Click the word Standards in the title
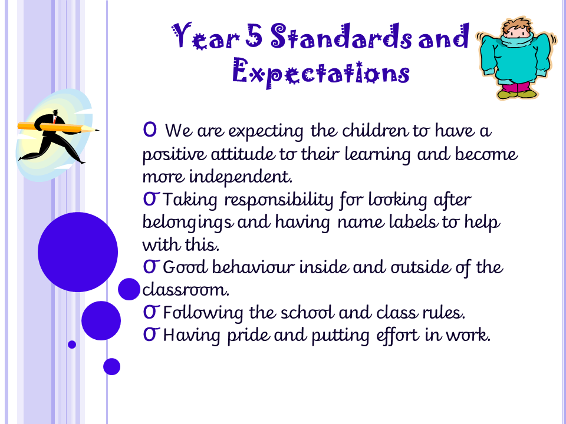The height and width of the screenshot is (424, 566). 341,36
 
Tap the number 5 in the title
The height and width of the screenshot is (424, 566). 254,35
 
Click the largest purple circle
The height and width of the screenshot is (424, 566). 78,252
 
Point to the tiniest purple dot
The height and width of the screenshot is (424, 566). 72,344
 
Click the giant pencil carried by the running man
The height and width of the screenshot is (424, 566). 58,127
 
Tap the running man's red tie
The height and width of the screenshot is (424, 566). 54,118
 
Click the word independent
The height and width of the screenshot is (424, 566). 241,177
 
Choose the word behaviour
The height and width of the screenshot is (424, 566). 253,267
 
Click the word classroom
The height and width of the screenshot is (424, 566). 186,290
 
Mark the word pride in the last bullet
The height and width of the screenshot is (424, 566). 248,335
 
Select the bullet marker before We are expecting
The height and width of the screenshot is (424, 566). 150,129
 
